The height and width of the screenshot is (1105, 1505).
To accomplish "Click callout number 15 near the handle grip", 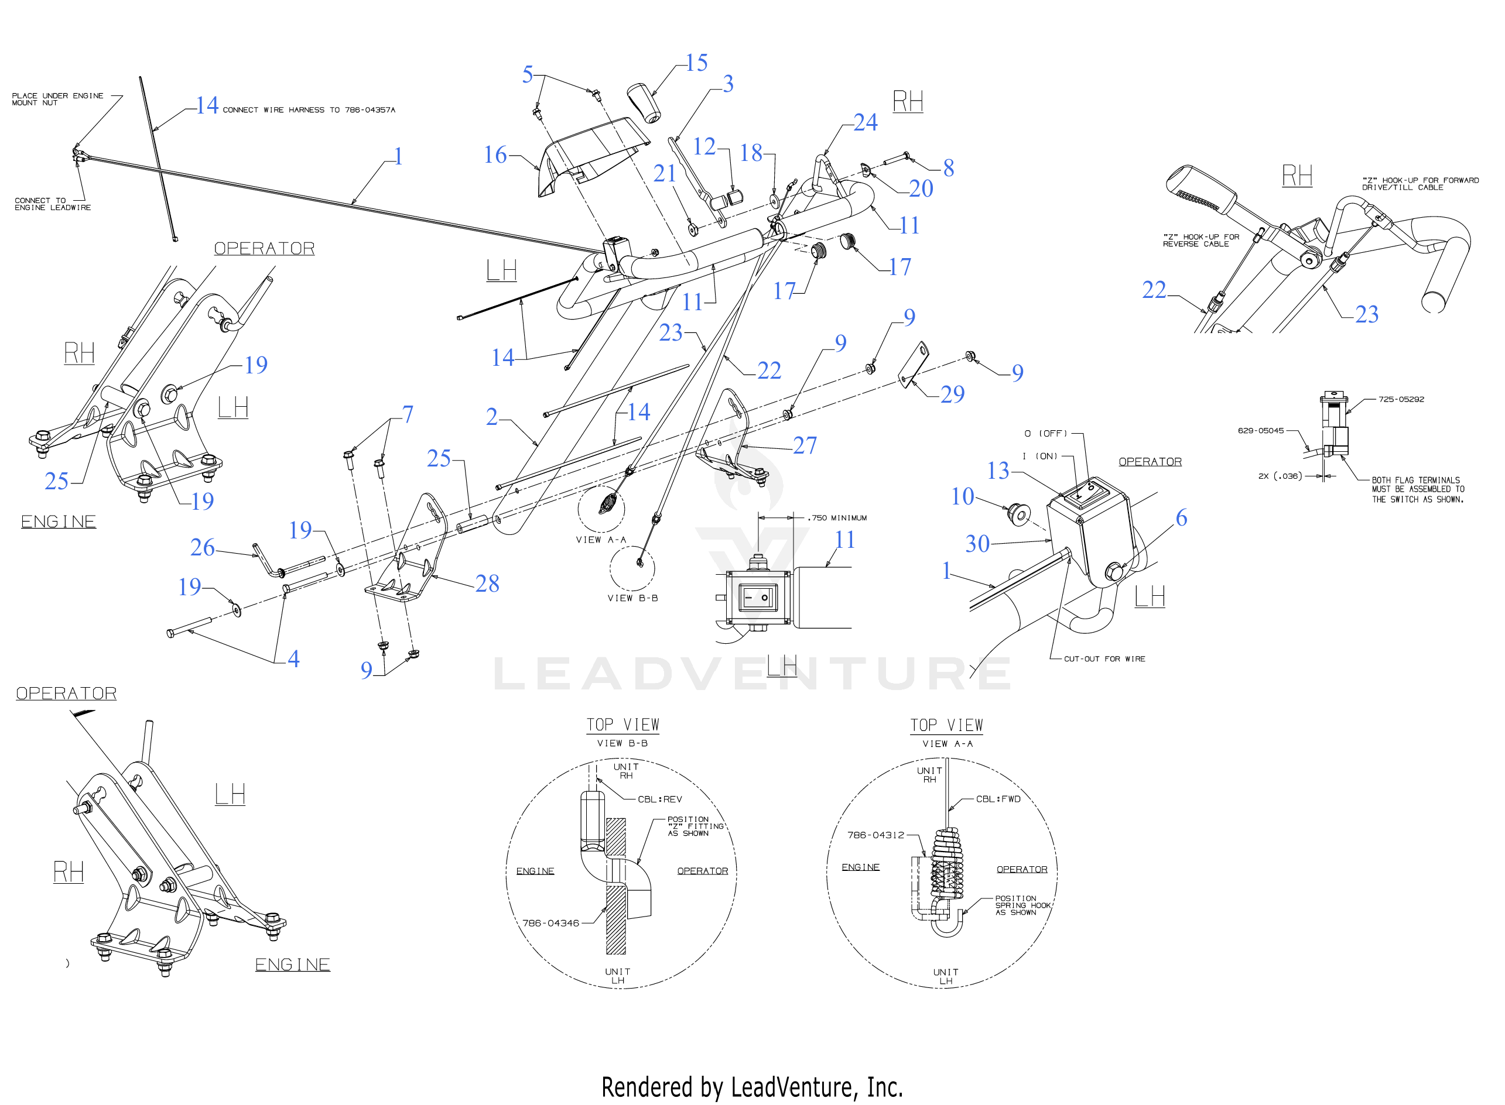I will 697,63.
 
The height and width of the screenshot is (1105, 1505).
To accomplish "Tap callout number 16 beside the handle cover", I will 495,155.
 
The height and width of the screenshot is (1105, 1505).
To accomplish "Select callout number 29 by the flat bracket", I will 952,394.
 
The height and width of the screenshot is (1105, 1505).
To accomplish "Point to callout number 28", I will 487,584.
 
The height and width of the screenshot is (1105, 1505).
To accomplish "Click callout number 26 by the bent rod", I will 202,548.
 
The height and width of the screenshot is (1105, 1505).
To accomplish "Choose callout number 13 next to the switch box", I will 998,471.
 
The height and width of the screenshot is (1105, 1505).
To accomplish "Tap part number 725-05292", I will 1401,399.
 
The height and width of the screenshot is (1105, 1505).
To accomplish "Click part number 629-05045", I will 1260,431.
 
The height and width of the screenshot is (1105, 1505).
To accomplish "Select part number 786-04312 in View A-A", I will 875,835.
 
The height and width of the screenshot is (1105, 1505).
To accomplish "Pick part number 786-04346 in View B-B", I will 550,923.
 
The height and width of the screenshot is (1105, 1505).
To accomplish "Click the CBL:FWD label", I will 998,799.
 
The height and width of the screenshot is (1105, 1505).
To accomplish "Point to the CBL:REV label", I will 659,799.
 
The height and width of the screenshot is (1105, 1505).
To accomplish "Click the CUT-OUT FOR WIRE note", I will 1104,659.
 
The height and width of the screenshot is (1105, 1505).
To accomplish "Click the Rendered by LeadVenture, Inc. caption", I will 752,1087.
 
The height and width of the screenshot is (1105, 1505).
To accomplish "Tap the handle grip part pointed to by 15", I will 644,104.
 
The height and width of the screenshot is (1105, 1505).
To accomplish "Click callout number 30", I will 977,544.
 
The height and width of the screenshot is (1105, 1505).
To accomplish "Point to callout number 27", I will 805,445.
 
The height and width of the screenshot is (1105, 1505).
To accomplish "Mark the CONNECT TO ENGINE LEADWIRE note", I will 52,204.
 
